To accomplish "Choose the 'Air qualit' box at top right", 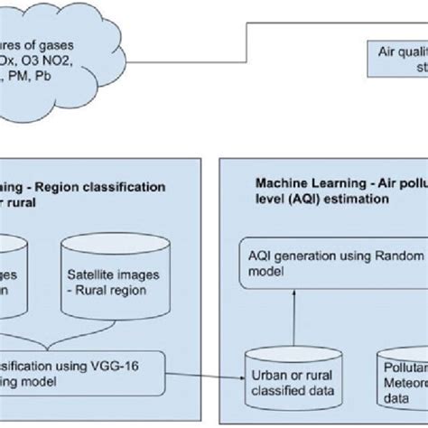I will (397, 60).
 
